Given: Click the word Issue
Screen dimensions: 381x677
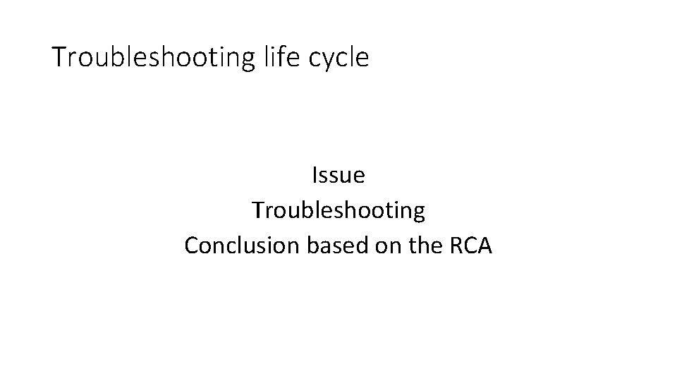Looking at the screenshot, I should click(338, 175).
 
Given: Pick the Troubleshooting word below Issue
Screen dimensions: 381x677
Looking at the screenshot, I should click(338, 210).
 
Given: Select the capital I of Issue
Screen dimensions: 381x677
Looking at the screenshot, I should click(314, 175).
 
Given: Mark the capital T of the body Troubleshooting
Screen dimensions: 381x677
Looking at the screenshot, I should click(257, 210).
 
